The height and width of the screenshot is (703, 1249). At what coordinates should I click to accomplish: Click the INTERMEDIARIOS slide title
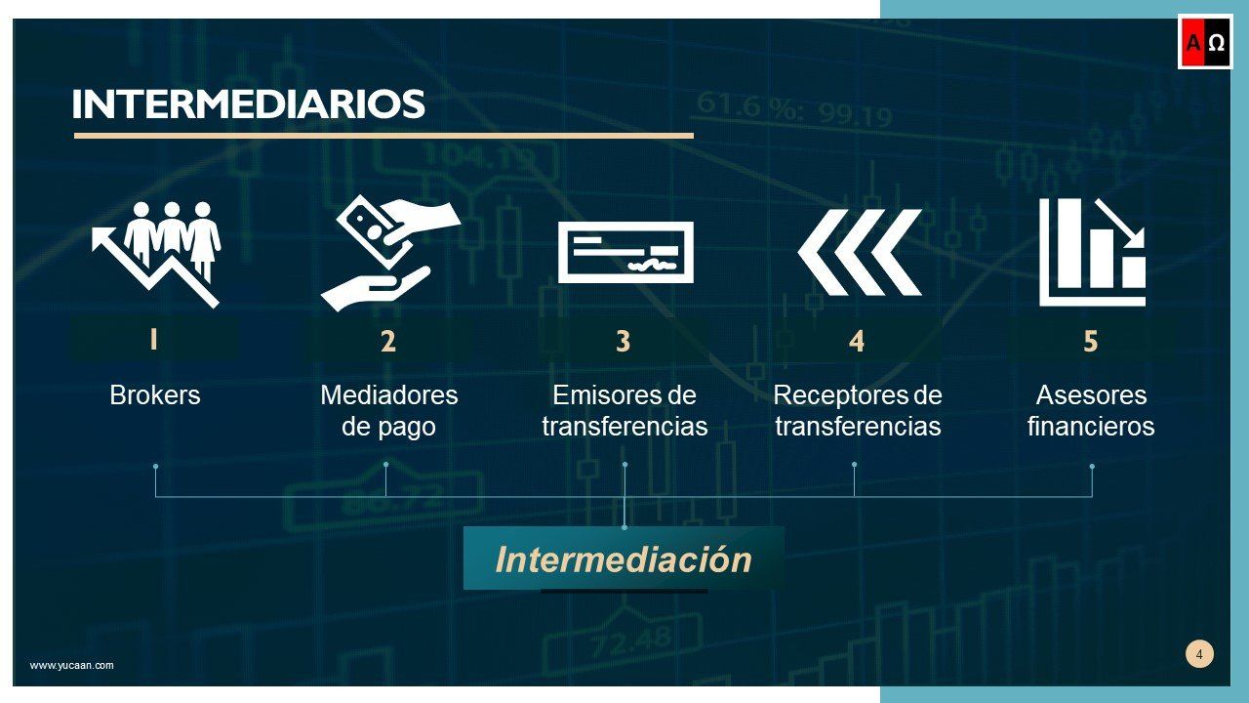click(x=248, y=104)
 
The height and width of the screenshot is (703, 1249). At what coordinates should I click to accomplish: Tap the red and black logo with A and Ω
click(x=1205, y=43)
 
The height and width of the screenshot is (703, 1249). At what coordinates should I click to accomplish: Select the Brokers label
click(x=154, y=395)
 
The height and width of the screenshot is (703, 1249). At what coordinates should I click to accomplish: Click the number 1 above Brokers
click(x=153, y=340)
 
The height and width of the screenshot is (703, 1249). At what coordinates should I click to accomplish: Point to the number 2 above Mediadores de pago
click(x=388, y=342)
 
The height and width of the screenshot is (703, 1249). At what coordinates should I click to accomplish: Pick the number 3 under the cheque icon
click(x=623, y=342)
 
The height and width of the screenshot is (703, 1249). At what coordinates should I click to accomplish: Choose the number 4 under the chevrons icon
click(x=856, y=341)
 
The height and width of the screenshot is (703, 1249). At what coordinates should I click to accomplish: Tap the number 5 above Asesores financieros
click(x=1090, y=342)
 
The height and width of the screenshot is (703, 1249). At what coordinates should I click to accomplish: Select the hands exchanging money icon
click(x=390, y=252)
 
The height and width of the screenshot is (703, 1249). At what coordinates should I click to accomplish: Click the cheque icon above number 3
click(x=624, y=252)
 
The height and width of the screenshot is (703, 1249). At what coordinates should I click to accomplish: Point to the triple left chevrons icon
click(x=859, y=252)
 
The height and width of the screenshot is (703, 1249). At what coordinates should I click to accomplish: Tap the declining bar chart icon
click(x=1092, y=252)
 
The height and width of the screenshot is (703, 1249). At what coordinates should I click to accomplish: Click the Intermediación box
click(x=624, y=559)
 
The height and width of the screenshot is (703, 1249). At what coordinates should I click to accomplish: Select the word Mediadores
click(x=388, y=395)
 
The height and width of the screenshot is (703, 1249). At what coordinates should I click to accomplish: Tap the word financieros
click(x=1090, y=427)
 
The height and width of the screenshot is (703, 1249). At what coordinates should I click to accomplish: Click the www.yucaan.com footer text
click(x=71, y=665)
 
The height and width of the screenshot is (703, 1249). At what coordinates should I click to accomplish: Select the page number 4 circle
click(x=1199, y=654)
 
